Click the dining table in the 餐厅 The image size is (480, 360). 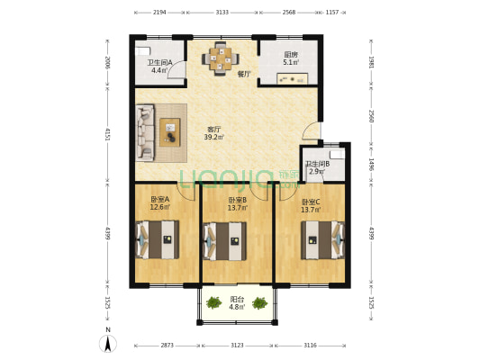(221, 58)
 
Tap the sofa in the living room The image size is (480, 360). (145, 132)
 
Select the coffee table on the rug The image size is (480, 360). (170, 132)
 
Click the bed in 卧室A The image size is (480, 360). (158, 240)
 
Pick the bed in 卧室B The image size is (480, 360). (225, 241)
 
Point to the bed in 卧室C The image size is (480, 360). (323, 240)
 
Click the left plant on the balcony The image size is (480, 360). (213, 302)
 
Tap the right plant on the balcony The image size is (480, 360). (260, 302)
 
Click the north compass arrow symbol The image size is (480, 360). (108, 344)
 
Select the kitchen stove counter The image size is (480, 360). (293, 78)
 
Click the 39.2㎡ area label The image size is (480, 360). (214, 137)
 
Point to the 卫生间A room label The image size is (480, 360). (159, 63)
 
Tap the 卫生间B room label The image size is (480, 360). (318, 164)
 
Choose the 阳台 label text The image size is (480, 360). (237, 300)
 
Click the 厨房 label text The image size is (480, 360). (291, 55)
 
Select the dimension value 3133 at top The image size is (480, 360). (222, 13)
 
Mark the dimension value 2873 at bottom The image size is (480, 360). (168, 346)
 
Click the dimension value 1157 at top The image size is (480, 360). (332, 13)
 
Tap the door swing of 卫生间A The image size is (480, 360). (177, 69)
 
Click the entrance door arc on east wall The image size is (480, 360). (311, 130)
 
